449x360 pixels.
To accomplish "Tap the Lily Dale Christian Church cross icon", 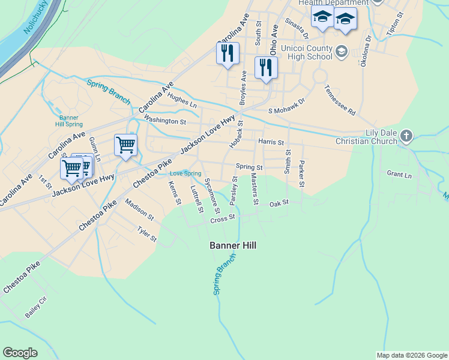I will (406, 136).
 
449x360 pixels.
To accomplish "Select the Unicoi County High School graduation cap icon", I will (342, 52).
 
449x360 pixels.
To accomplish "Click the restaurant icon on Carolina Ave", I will (228, 53).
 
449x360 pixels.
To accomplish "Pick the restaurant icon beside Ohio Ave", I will (265, 67).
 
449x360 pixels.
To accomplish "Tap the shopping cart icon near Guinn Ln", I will (125, 145).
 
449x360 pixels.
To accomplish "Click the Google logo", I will (20, 353).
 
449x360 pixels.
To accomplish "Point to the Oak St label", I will (279, 203).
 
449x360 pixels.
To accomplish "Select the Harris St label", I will (270, 142).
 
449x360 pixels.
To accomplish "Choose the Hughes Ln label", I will (182, 100).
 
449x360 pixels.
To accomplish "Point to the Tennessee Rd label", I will (340, 100).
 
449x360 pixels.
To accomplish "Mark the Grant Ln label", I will (399, 175).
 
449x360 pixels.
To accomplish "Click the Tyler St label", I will (146, 234).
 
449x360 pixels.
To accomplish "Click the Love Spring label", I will (186, 173).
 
